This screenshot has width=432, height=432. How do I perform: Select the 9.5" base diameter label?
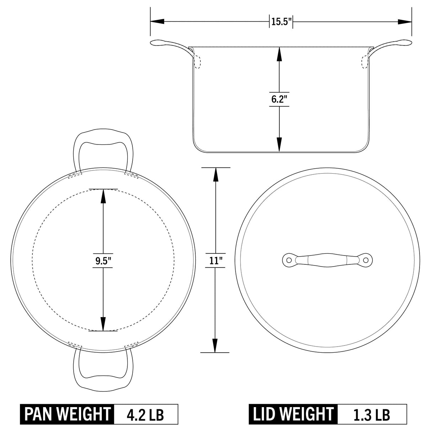click(x=103, y=261)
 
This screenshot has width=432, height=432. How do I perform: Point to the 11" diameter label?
click(x=215, y=260)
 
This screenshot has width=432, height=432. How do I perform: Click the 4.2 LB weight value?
click(x=146, y=414)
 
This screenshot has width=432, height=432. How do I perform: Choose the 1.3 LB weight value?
click(x=372, y=414)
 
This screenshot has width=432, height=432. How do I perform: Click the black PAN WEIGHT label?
click(x=67, y=414)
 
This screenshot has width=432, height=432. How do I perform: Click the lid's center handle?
click(x=327, y=260)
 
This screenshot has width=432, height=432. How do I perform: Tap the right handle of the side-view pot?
click(x=391, y=45)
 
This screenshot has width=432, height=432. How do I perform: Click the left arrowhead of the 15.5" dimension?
click(x=157, y=22)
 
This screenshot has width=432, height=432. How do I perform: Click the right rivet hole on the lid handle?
click(x=366, y=260)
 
